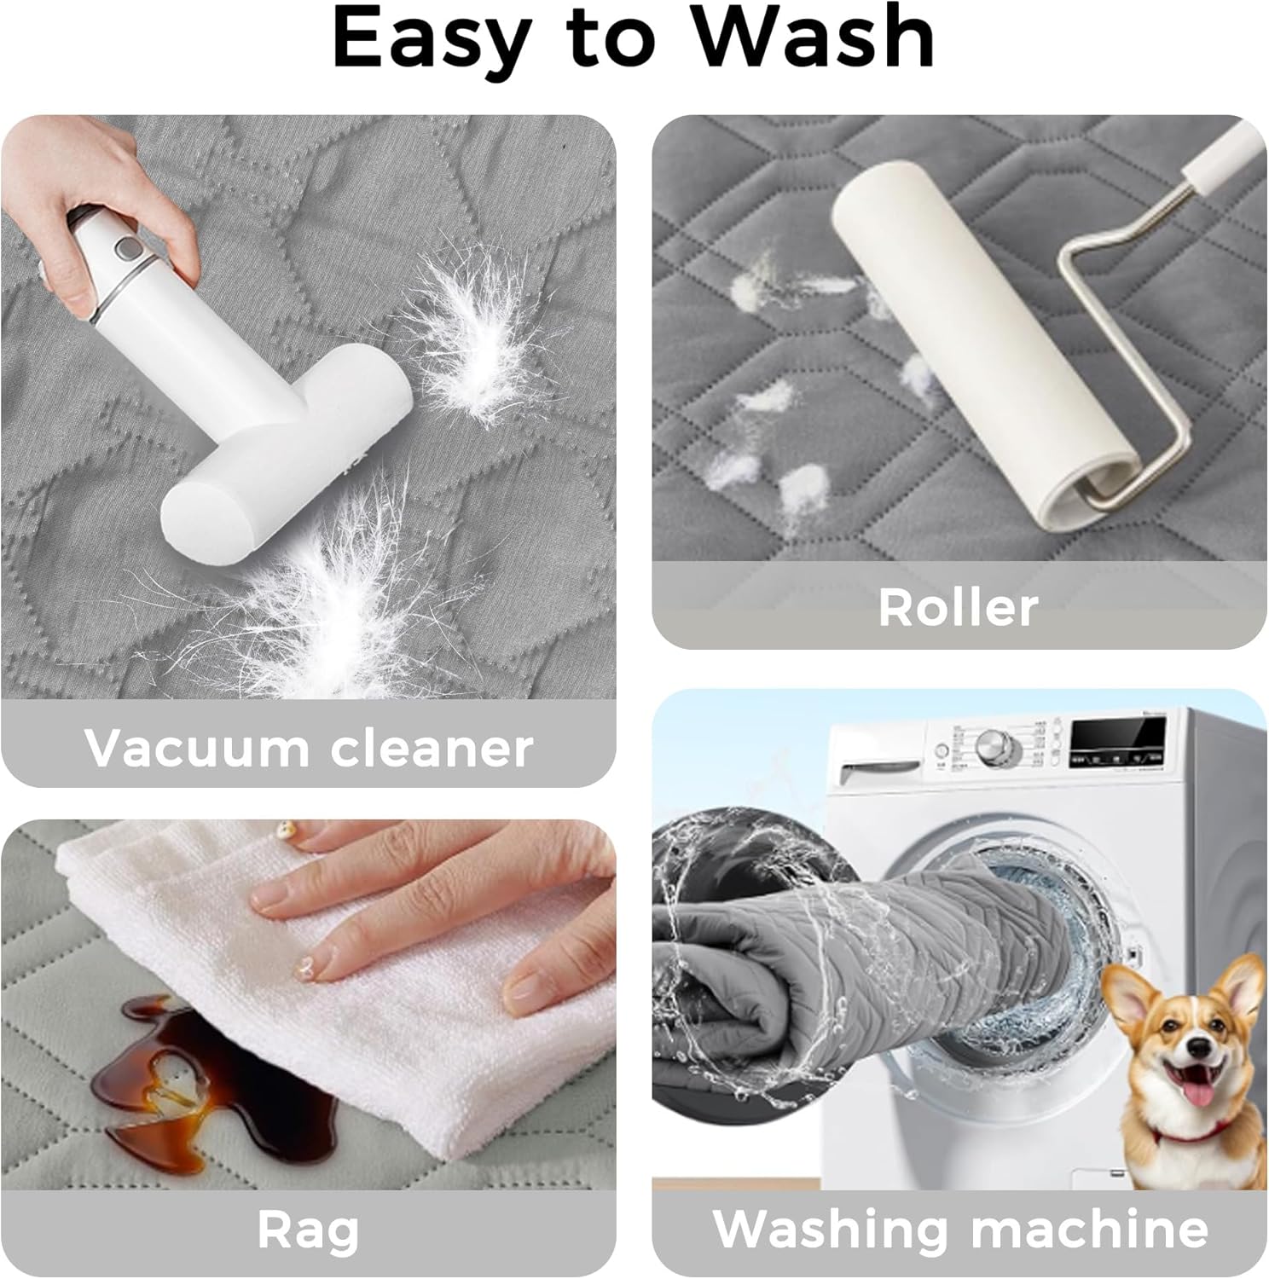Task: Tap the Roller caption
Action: [958, 607]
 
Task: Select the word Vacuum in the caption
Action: [196, 748]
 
